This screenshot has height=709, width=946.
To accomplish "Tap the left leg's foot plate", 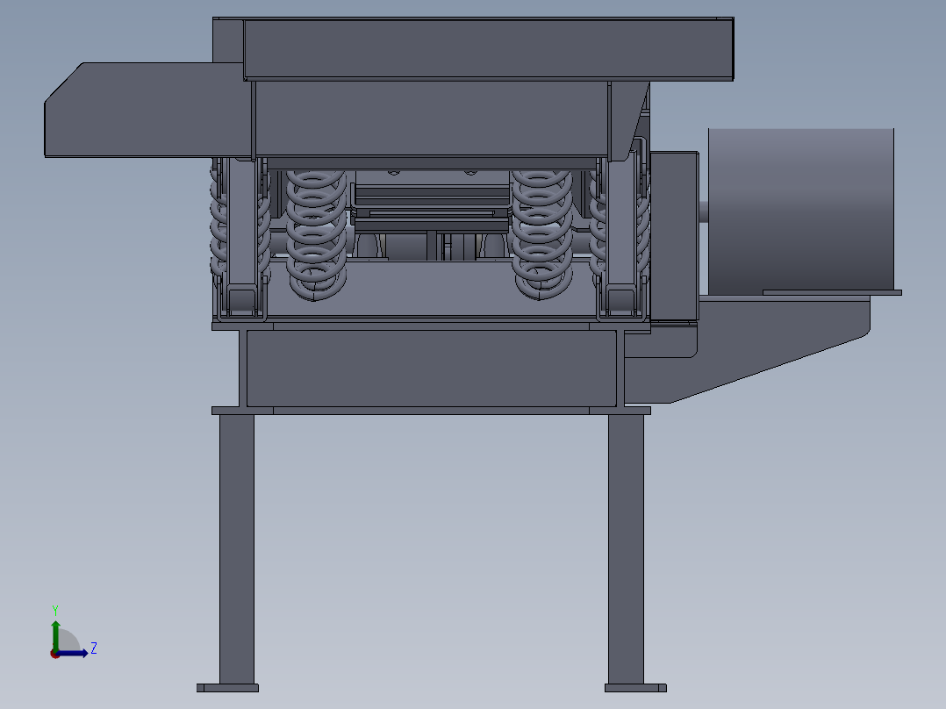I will (227, 688).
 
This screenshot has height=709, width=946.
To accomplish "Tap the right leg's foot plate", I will (635, 688).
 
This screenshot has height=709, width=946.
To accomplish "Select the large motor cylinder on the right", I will (800, 211).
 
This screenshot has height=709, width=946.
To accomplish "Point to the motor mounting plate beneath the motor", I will (832, 292).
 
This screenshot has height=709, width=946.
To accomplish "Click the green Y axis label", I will (54, 609).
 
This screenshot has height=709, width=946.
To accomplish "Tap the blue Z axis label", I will (93, 648).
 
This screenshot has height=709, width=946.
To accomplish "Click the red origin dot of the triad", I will (54, 654).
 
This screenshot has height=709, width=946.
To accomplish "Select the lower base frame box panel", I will (430, 369).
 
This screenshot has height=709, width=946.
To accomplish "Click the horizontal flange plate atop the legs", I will (430, 411).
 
